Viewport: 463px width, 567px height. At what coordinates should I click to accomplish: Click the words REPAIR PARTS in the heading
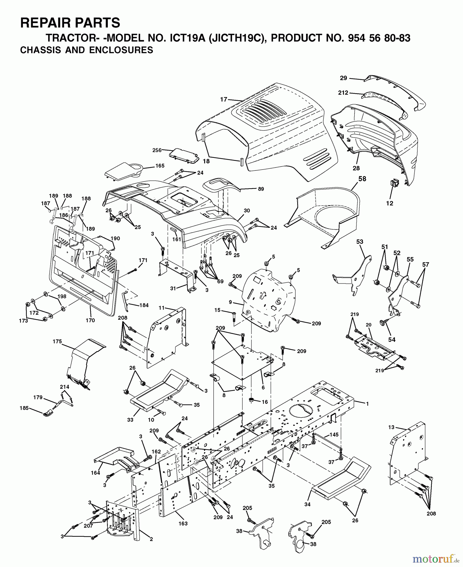click(70, 23)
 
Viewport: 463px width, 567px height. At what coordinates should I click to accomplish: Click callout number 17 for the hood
click(223, 100)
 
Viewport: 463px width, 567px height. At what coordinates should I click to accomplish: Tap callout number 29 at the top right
click(343, 78)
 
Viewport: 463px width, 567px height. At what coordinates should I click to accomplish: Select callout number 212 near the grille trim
click(343, 93)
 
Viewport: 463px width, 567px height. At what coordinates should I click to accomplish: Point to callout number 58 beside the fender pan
click(362, 179)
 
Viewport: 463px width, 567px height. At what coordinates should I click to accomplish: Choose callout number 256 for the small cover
click(157, 150)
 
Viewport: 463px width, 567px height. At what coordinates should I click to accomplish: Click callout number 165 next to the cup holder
click(160, 166)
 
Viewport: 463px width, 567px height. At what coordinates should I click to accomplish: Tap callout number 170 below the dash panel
click(90, 321)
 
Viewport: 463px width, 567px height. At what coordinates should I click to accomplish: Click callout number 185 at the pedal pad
click(24, 408)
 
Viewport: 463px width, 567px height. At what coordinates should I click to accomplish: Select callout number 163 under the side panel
click(183, 523)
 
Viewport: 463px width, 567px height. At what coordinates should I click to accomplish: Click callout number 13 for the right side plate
click(391, 427)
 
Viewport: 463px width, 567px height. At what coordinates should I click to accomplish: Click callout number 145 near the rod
click(334, 435)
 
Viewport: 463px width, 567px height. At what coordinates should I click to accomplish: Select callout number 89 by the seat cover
click(261, 189)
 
